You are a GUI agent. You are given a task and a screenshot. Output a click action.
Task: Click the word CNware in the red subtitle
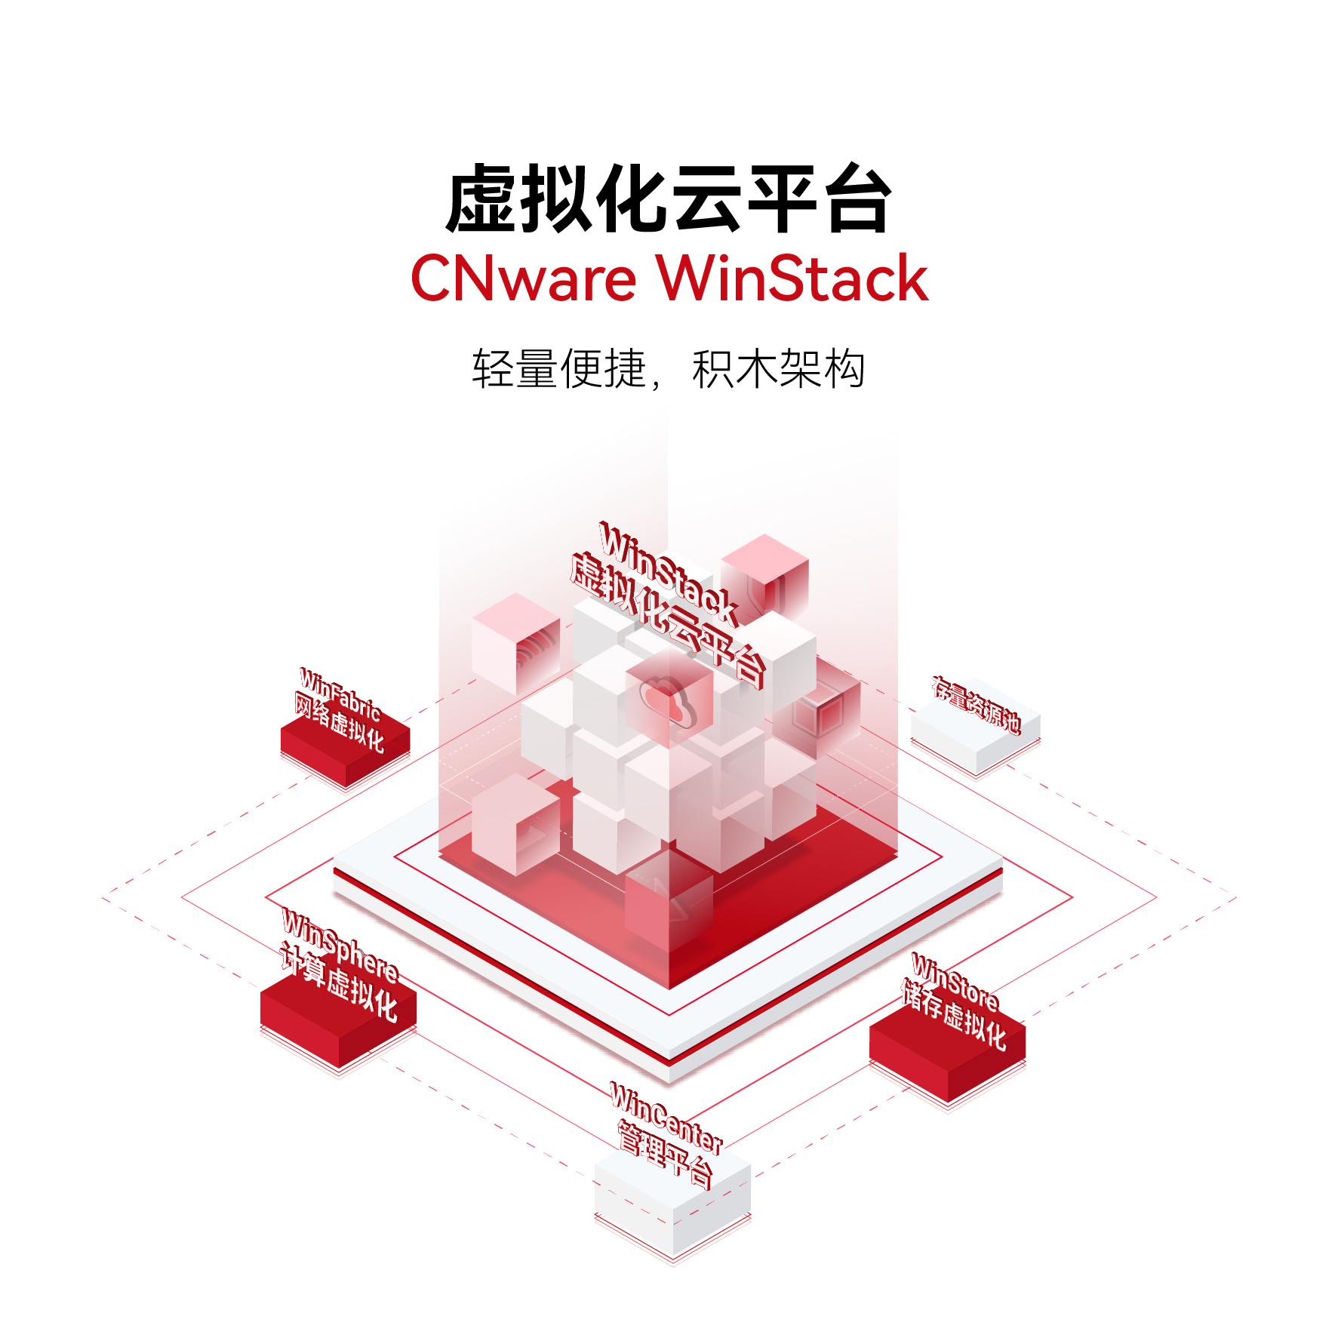524,278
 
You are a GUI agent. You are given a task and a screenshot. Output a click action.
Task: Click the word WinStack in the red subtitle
792,278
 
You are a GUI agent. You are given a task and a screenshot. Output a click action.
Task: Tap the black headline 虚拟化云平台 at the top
669,198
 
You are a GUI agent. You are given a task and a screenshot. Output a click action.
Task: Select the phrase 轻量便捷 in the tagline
559,369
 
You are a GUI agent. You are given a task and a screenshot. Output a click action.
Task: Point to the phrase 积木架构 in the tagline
778,369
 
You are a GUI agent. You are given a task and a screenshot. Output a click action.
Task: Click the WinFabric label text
340,694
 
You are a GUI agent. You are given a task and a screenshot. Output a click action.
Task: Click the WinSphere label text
340,944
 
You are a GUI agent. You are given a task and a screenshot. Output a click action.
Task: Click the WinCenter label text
666,1118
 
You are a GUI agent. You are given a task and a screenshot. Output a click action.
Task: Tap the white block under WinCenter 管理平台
672,1200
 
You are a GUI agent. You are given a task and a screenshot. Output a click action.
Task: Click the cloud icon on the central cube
668,701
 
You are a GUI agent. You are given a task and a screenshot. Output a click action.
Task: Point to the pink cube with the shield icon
764,577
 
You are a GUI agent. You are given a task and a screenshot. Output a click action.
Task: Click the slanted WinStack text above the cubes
669,573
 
